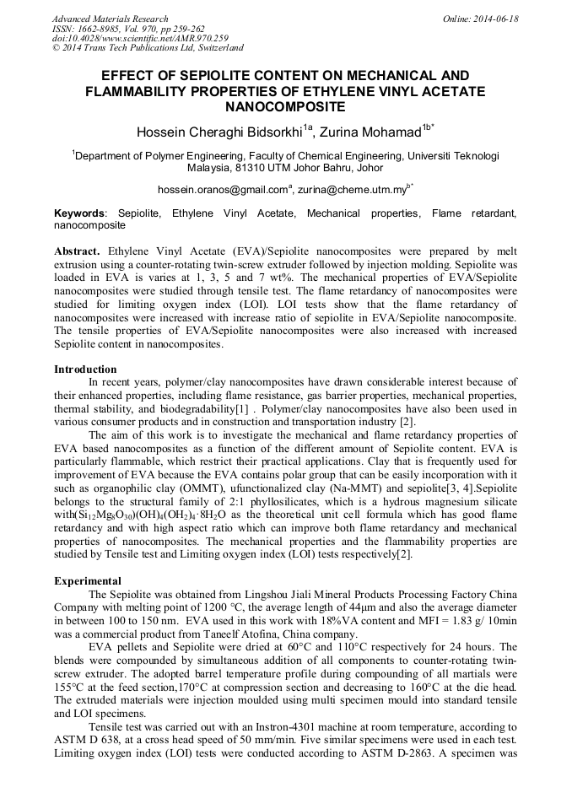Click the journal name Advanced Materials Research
point(110,19)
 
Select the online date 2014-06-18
point(494,19)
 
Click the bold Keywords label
point(80,215)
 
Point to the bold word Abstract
point(78,252)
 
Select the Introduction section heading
point(85,369)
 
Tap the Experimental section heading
point(88,581)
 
